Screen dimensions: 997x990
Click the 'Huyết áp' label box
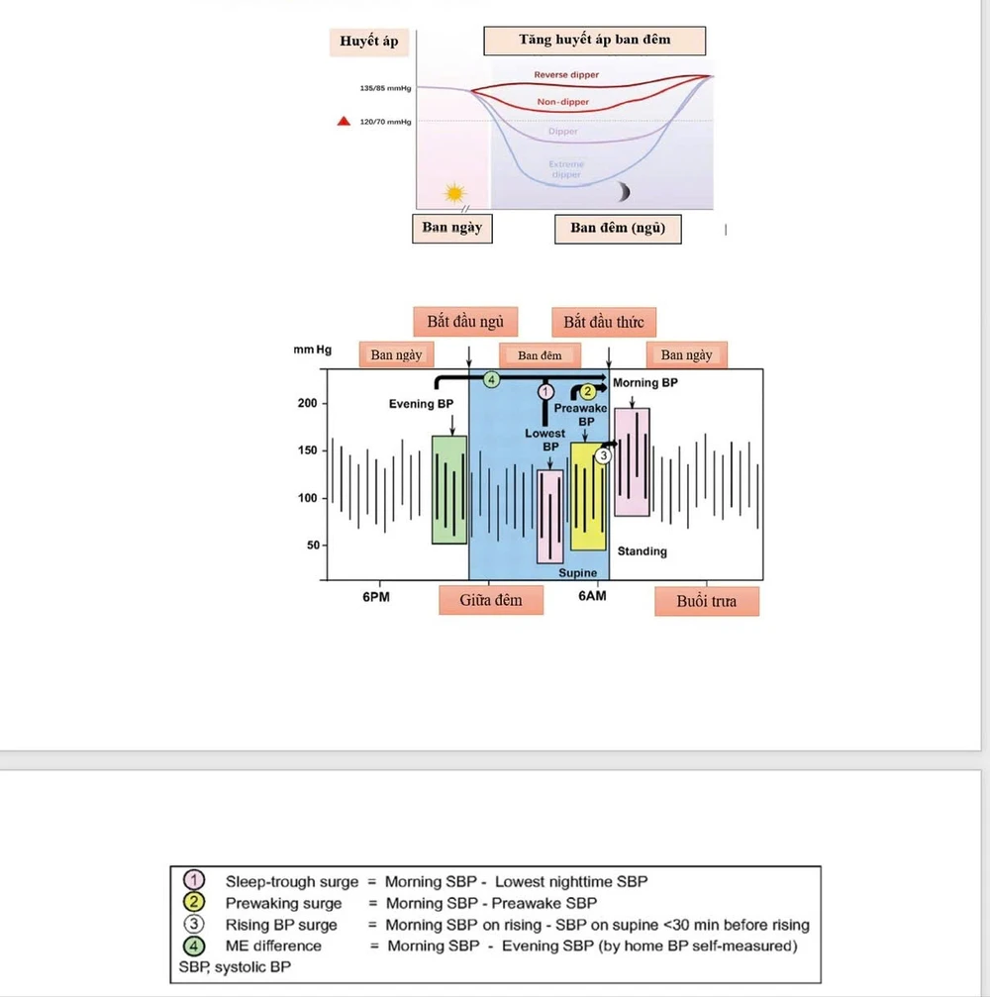tap(368, 42)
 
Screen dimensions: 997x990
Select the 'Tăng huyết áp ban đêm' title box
tap(594, 41)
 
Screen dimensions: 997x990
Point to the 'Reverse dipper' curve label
tap(566, 75)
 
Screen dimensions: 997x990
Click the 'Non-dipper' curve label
tap(566, 101)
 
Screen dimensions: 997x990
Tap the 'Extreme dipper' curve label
tap(566, 169)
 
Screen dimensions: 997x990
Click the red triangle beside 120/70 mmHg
tap(343, 122)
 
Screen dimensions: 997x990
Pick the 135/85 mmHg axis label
tap(385, 89)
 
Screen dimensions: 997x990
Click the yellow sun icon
tap(454, 192)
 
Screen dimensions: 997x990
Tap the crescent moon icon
tap(624, 190)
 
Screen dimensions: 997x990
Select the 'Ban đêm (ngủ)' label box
tap(618, 229)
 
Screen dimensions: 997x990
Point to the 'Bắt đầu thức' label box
tap(603, 322)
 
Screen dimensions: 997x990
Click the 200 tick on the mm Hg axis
tap(306, 404)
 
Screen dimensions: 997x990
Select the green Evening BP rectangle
tap(449, 489)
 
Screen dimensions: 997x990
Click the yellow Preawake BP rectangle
tap(588, 496)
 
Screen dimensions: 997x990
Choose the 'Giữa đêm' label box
tap(491, 600)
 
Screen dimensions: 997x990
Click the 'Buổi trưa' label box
tap(707, 601)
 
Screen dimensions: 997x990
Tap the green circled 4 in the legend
tap(195, 946)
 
